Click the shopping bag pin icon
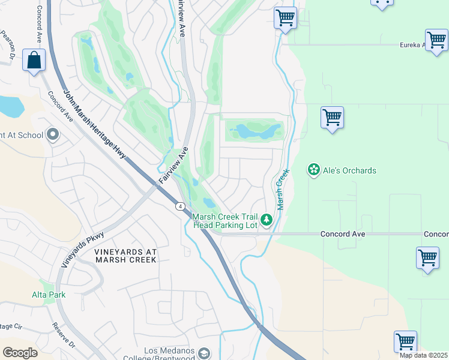pos(34,60)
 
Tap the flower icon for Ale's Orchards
pos(313,170)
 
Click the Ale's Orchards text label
pos(350,171)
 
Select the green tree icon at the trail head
pos(267,221)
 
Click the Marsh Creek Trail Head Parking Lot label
pos(225,221)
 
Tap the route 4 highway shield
pos(180,206)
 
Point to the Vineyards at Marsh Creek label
pos(125,256)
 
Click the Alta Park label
pos(49,295)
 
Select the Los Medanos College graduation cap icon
pos(204,354)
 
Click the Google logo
pos(20,352)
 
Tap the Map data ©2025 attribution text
pos(423,355)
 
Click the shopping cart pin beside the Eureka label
pos(436,41)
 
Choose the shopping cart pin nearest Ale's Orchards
pos(332,117)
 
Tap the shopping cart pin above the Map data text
pos(405,341)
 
